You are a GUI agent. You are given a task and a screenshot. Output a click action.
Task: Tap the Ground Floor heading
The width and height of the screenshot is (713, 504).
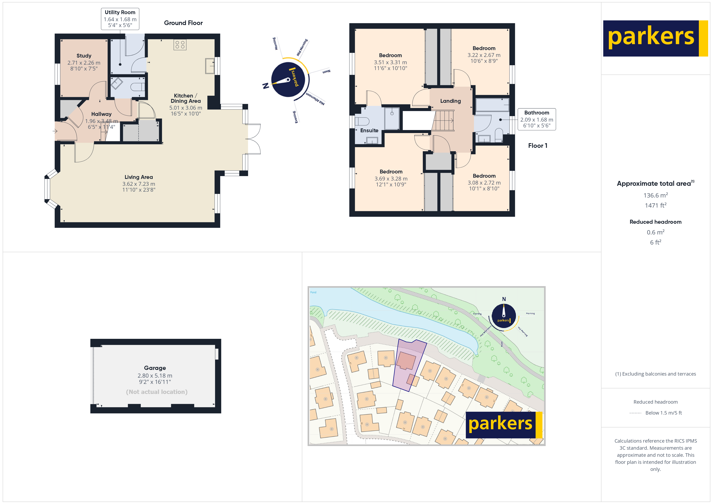pyautogui.click(x=183, y=23)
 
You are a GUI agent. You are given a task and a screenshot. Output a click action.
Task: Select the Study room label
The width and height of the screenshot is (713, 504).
pyautogui.click(x=84, y=56)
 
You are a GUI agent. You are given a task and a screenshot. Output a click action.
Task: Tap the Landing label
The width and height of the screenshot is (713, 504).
pyautogui.click(x=450, y=101)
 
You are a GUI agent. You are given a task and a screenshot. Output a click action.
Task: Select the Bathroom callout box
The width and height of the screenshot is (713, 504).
pyautogui.click(x=537, y=119)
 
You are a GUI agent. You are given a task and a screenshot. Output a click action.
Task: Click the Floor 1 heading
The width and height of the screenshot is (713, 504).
pyautogui.click(x=538, y=146)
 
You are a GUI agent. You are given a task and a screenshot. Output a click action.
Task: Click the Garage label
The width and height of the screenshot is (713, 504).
pyautogui.click(x=155, y=368)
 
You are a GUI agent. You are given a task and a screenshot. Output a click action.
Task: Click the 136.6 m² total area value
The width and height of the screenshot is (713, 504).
pyautogui.click(x=655, y=195)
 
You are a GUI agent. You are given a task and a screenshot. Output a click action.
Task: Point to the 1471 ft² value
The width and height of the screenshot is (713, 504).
pyautogui.click(x=655, y=205)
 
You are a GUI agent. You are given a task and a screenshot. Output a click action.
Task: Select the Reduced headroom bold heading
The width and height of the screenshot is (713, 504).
pyautogui.click(x=655, y=222)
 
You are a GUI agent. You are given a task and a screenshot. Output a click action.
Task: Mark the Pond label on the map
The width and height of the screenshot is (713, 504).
pyautogui.click(x=313, y=292)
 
